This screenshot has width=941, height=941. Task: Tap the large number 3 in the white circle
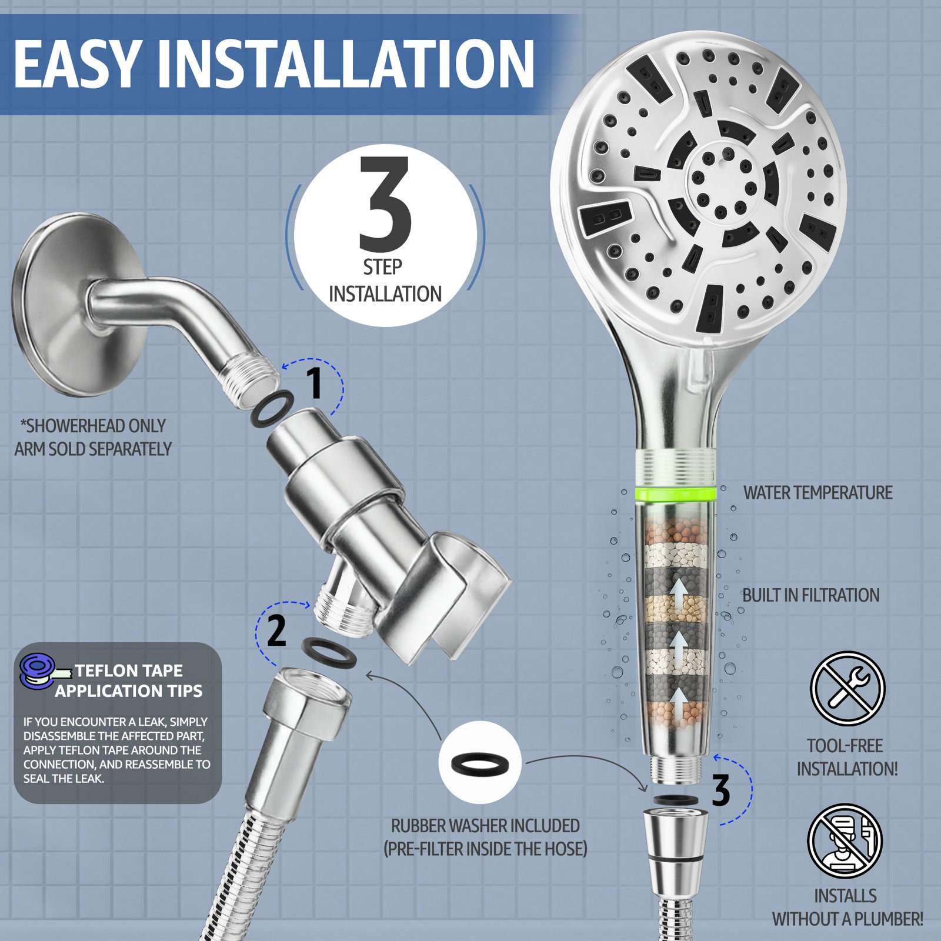[385, 203]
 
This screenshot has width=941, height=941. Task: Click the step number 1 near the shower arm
[315, 382]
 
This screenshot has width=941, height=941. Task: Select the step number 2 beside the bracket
[276, 630]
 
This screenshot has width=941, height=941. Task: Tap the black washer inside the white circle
[480, 762]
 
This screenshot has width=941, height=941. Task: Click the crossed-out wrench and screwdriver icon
[847, 688]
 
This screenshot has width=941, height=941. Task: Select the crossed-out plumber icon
[845, 841]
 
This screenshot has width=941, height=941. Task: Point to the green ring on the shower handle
[676, 493]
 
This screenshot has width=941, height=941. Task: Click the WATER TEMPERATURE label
[817, 493]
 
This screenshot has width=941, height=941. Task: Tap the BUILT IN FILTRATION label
[810, 595]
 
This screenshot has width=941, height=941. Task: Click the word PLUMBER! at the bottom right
[889, 919]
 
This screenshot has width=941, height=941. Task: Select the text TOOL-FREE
[845, 746]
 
